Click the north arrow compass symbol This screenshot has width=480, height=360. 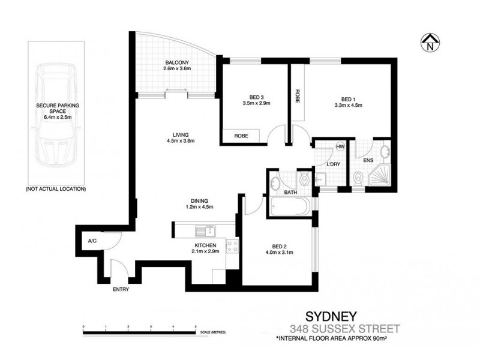coord(430,42)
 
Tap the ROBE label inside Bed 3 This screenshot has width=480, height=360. coord(242,136)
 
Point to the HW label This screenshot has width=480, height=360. coord(340,147)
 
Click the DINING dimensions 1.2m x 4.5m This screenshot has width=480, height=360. coord(199,207)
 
